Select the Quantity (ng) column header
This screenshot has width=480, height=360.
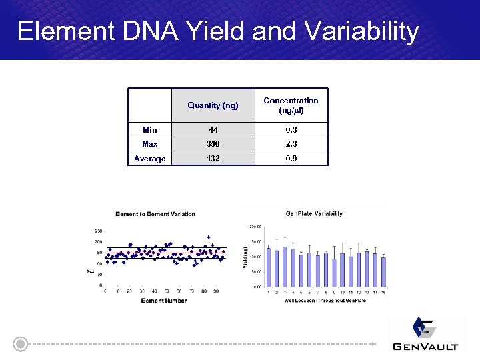point(213,105)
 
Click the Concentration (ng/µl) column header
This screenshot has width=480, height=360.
point(291,105)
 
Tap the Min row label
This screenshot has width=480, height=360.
point(150,130)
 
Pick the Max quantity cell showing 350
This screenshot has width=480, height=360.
point(213,144)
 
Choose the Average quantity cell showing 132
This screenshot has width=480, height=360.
point(213,159)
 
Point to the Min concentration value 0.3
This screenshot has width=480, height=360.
point(291,130)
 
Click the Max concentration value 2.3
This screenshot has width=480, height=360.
point(291,144)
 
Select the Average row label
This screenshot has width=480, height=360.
point(150,159)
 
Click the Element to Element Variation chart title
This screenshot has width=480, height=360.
point(155,214)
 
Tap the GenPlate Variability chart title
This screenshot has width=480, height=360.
point(314,214)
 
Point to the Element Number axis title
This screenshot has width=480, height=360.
point(164,301)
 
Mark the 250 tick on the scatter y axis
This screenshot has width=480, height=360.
point(98,231)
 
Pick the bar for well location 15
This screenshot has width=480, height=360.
point(383,272)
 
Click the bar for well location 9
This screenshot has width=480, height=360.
point(334,273)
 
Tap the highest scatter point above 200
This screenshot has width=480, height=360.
point(209,237)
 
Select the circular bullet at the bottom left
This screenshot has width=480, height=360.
point(21,344)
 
